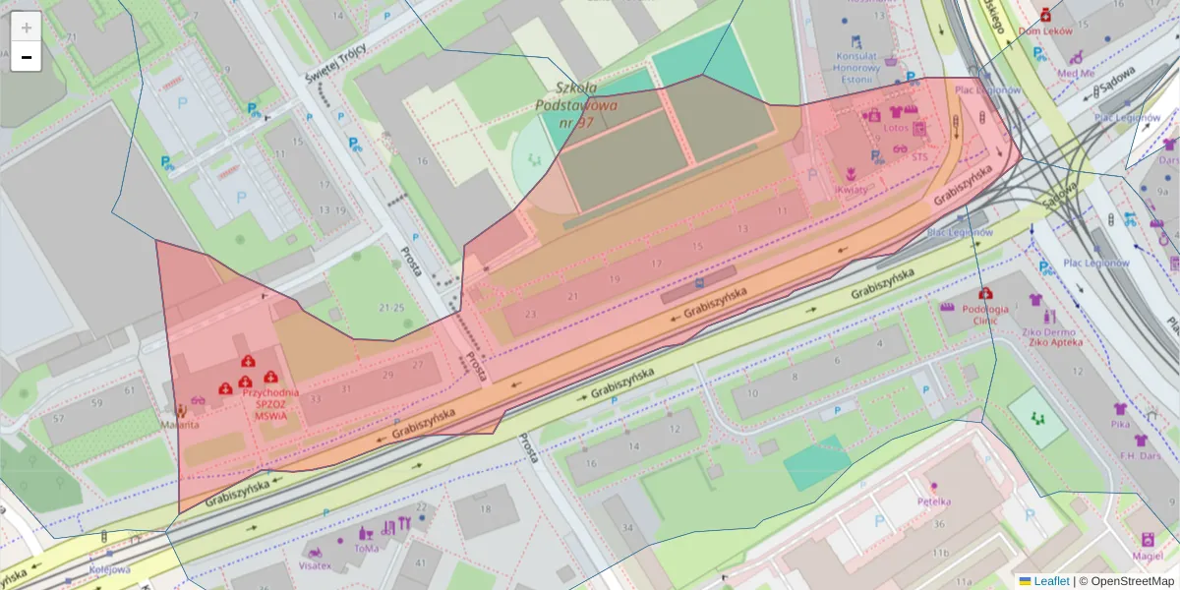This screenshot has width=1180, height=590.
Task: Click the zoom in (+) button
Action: click(x=27, y=28)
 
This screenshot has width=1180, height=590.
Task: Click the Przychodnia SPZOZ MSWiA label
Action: click(x=257, y=403)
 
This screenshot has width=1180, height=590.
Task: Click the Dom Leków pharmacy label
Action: click(x=1044, y=30)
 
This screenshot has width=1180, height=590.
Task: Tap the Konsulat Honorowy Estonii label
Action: click(x=855, y=68)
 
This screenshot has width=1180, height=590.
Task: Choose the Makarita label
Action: click(x=181, y=425)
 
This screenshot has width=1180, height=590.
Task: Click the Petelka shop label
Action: click(x=933, y=501)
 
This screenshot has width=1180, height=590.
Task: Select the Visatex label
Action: click(x=315, y=566)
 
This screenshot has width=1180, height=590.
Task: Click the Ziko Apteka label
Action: click(x=1054, y=342)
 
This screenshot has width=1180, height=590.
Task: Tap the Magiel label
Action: click(x=1147, y=556)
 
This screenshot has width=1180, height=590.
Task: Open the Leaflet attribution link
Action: click(x=1051, y=581)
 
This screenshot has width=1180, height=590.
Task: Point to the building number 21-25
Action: click(x=391, y=308)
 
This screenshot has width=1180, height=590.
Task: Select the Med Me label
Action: click(x=1075, y=73)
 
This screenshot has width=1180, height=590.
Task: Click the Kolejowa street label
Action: click(x=110, y=569)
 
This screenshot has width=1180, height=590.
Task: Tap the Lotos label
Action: click(x=896, y=128)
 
